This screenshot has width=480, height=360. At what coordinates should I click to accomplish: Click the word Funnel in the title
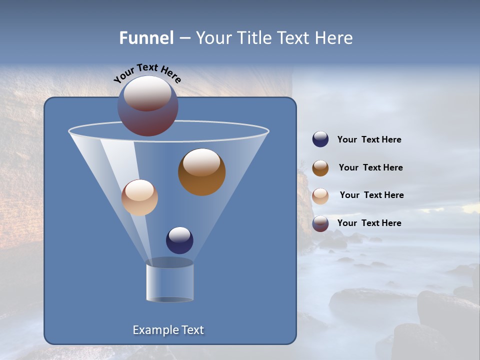tap(146, 38)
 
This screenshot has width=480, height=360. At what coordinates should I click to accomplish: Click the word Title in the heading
tap(254, 38)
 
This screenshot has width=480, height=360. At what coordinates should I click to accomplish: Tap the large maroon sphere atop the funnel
tap(148, 106)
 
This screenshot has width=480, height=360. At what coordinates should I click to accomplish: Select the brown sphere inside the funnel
tap(202, 172)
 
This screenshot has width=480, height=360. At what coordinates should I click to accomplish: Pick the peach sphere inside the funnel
tap(139, 197)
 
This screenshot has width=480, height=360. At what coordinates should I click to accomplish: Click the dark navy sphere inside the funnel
tap(179, 240)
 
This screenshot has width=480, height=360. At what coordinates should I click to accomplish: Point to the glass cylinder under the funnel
tap(169, 282)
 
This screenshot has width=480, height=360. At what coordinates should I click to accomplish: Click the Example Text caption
tap(168, 330)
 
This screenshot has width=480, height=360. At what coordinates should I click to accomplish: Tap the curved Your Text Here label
tap(147, 72)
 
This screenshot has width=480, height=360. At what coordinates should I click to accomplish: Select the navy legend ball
tap(320, 139)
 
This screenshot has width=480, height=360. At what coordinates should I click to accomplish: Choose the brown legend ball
tap(320, 168)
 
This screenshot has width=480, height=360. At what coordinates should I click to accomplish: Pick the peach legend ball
tap(320, 195)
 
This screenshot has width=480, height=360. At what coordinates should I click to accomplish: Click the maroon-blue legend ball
tap(320, 223)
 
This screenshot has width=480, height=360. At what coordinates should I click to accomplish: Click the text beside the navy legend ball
tap(369, 140)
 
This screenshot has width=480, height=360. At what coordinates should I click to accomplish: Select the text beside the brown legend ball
tap(370, 168)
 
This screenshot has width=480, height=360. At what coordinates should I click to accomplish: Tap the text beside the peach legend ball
tap(371, 195)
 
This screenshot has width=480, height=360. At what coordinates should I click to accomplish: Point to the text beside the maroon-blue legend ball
tap(369, 223)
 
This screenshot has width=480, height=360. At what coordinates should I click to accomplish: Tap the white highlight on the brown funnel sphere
tap(201, 162)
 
